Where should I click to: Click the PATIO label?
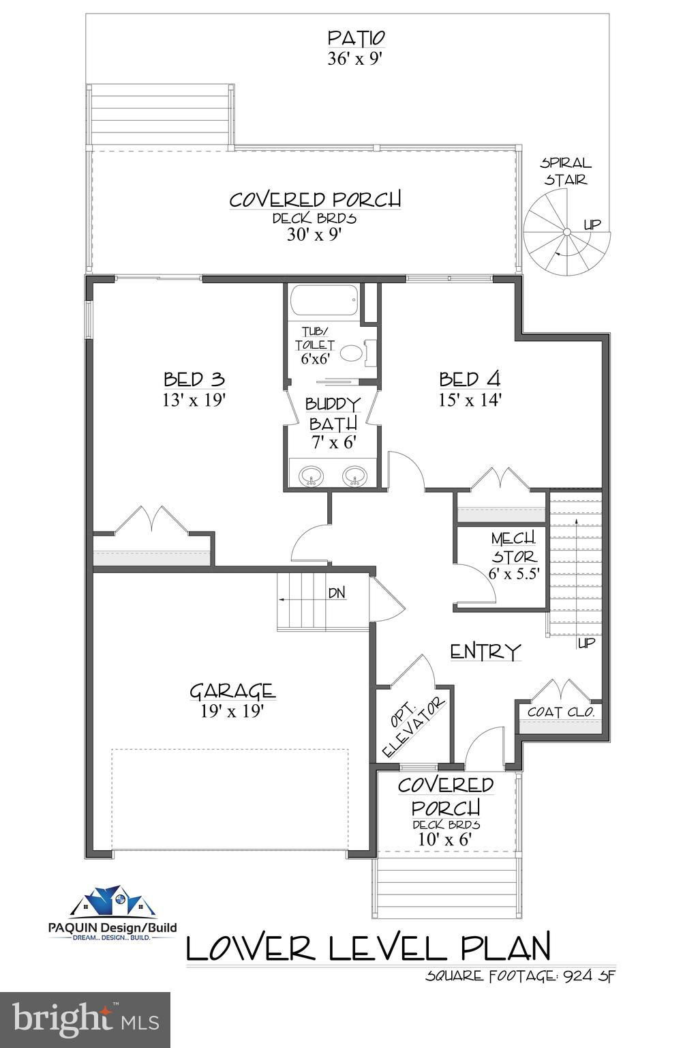pyautogui.click(x=356, y=38)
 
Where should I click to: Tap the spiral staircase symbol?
pyautogui.click(x=566, y=231)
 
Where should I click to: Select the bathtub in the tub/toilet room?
pyautogui.click(x=324, y=301)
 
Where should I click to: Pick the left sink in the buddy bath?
pyautogui.click(x=310, y=475)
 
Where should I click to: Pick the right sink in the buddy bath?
pyautogui.click(x=355, y=475)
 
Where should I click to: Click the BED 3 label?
pyautogui.click(x=194, y=379)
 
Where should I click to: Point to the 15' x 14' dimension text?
pyautogui.click(x=470, y=400)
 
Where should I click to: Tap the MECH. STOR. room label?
pyautogui.click(x=513, y=547)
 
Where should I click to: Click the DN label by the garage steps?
pyautogui.click(x=337, y=593)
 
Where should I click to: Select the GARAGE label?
pyautogui.click(x=232, y=691)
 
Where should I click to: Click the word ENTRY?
pyautogui.click(x=485, y=651)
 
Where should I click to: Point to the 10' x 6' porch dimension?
pyautogui.click(x=444, y=839)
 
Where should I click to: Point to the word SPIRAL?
pyautogui.click(x=566, y=163)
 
